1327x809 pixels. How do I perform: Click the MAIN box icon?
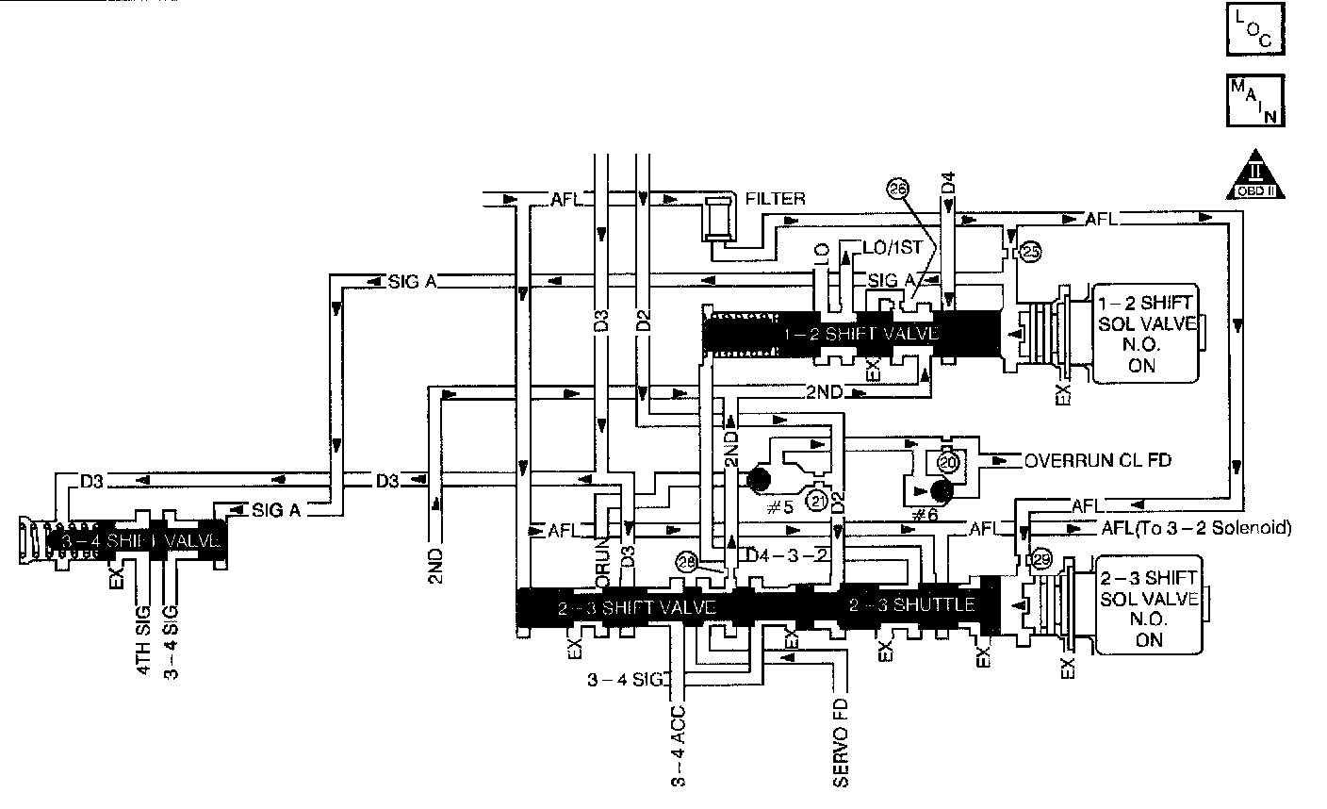(x=1255, y=100)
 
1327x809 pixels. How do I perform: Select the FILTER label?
(x=775, y=199)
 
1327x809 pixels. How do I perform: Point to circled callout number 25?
(x=1031, y=252)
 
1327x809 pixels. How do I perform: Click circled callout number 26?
(x=896, y=189)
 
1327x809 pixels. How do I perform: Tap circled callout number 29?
(x=1040, y=558)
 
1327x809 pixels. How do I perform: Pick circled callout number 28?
(x=688, y=563)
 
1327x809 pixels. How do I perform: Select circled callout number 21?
(x=818, y=501)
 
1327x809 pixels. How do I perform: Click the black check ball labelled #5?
(x=757, y=482)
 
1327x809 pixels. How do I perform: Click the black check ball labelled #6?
(x=939, y=491)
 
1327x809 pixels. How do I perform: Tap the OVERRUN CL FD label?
(x=1097, y=461)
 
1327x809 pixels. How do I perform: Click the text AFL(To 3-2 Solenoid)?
(x=1195, y=527)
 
